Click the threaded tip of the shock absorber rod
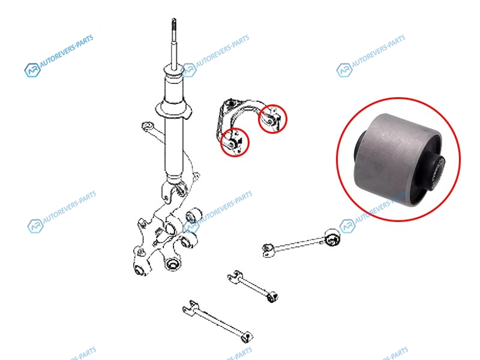(174, 25)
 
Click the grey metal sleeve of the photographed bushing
(395, 154)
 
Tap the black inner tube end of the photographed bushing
(439, 173)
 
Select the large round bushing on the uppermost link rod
(332, 237)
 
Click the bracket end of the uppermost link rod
(268, 250)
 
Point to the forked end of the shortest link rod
(235, 277)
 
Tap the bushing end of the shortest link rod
(272, 296)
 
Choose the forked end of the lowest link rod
(190, 308)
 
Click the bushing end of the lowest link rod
(247, 337)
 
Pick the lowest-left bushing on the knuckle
(140, 269)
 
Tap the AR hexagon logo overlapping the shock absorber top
(188, 70)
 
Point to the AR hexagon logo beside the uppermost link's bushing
(347, 226)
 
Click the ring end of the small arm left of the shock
(148, 126)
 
